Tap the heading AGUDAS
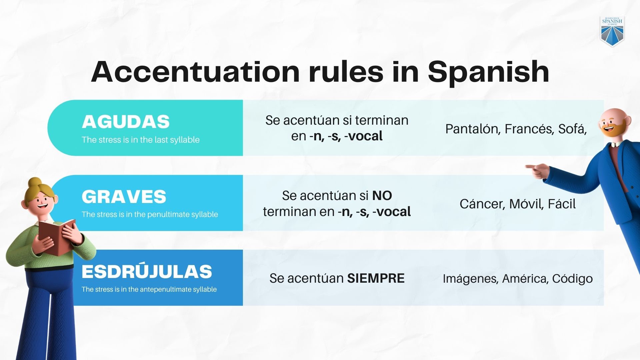126,122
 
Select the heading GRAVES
124,197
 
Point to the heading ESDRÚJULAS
147,272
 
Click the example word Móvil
526,204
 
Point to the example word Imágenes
470,279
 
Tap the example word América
524,279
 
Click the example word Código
572,279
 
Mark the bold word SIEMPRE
376,278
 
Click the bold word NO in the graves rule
382,196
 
